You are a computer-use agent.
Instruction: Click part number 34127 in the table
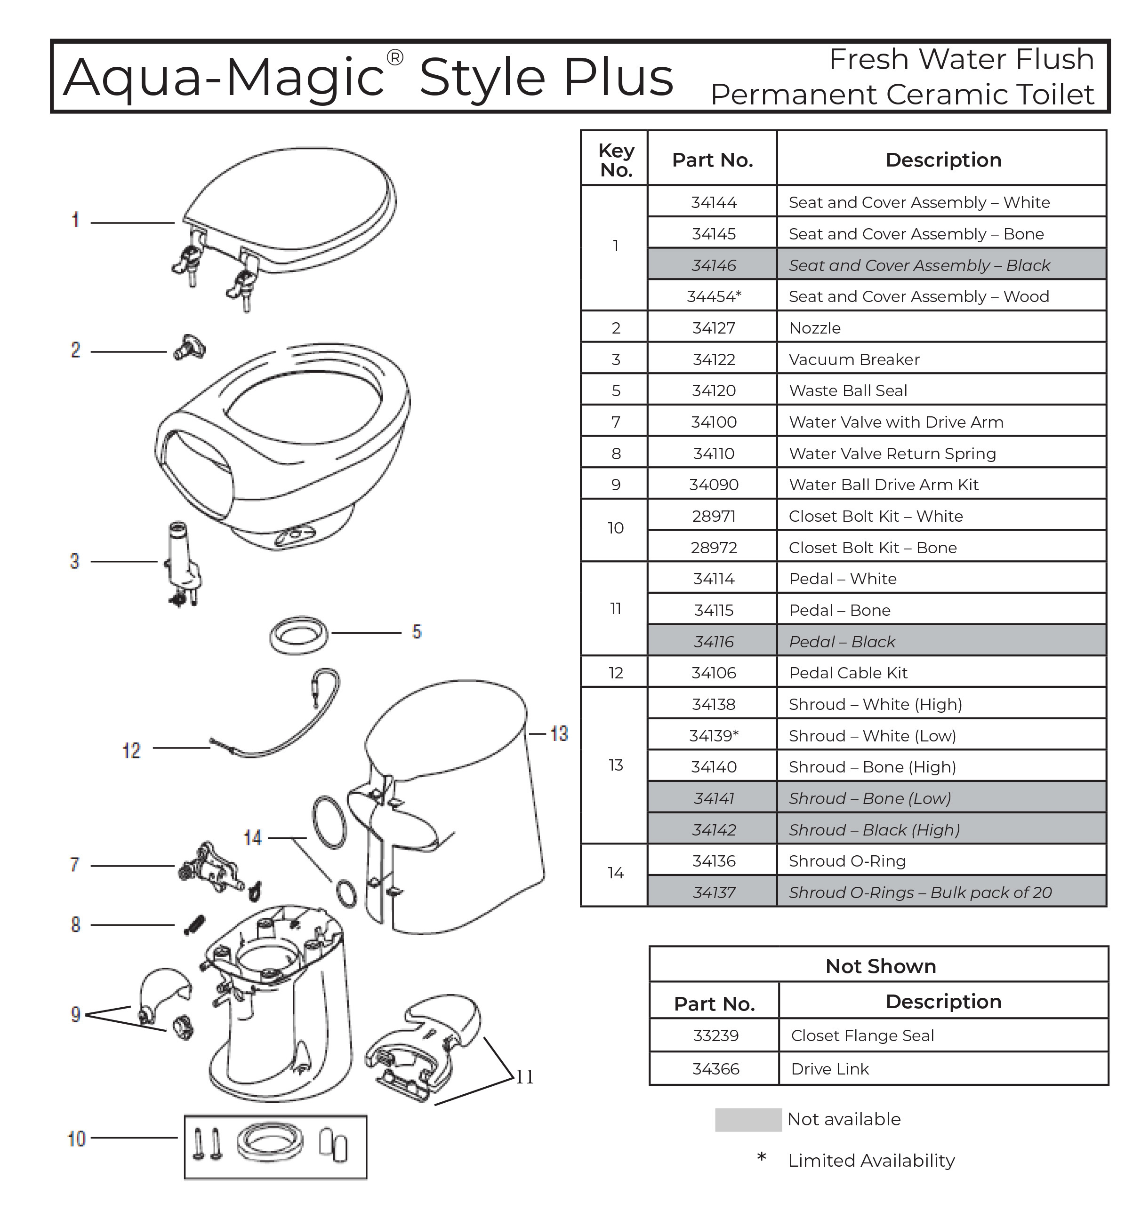[x=713, y=328]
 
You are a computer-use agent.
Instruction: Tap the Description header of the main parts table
[x=943, y=159]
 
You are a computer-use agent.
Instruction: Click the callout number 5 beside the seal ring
[x=417, y=632]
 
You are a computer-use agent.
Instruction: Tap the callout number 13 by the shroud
[x=559, y=733]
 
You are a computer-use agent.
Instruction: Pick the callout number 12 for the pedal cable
[x=131, y=750]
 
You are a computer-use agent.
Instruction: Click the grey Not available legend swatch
[x=747, y=1119]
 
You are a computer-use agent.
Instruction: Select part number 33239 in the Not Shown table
[x=715, y=1035]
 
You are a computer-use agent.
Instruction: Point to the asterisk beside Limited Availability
[x=761, y=1156]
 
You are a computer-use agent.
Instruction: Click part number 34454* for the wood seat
[x=714, y=296]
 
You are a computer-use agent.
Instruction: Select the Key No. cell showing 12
[x=616, y=673]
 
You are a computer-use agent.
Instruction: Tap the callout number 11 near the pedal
[x=524, y=1077]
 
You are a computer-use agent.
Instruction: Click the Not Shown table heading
[x=880, y=966]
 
